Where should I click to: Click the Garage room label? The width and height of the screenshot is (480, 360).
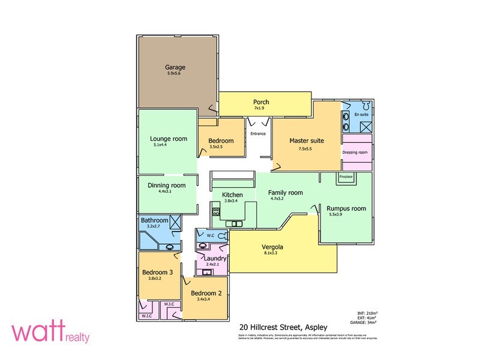pos(175,68)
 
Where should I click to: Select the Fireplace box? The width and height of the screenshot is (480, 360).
pos(346,177)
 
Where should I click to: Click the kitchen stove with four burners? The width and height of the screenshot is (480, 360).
pos(215,211)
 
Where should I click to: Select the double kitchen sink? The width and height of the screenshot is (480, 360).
pos(233,224)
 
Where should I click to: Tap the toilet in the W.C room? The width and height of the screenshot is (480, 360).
pos(221,236)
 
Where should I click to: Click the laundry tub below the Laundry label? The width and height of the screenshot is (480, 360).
pos(208,272)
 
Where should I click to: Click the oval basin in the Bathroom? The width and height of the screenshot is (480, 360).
pos(170,245)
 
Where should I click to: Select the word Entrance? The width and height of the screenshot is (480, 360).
pos(258,133)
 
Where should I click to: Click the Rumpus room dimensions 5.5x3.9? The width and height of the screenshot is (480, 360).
pos(339,214)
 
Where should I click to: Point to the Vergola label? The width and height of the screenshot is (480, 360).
pos(272,247)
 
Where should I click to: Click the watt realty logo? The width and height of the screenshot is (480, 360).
pos(50,334)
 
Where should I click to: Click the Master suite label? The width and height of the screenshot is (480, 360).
pos(307,140)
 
